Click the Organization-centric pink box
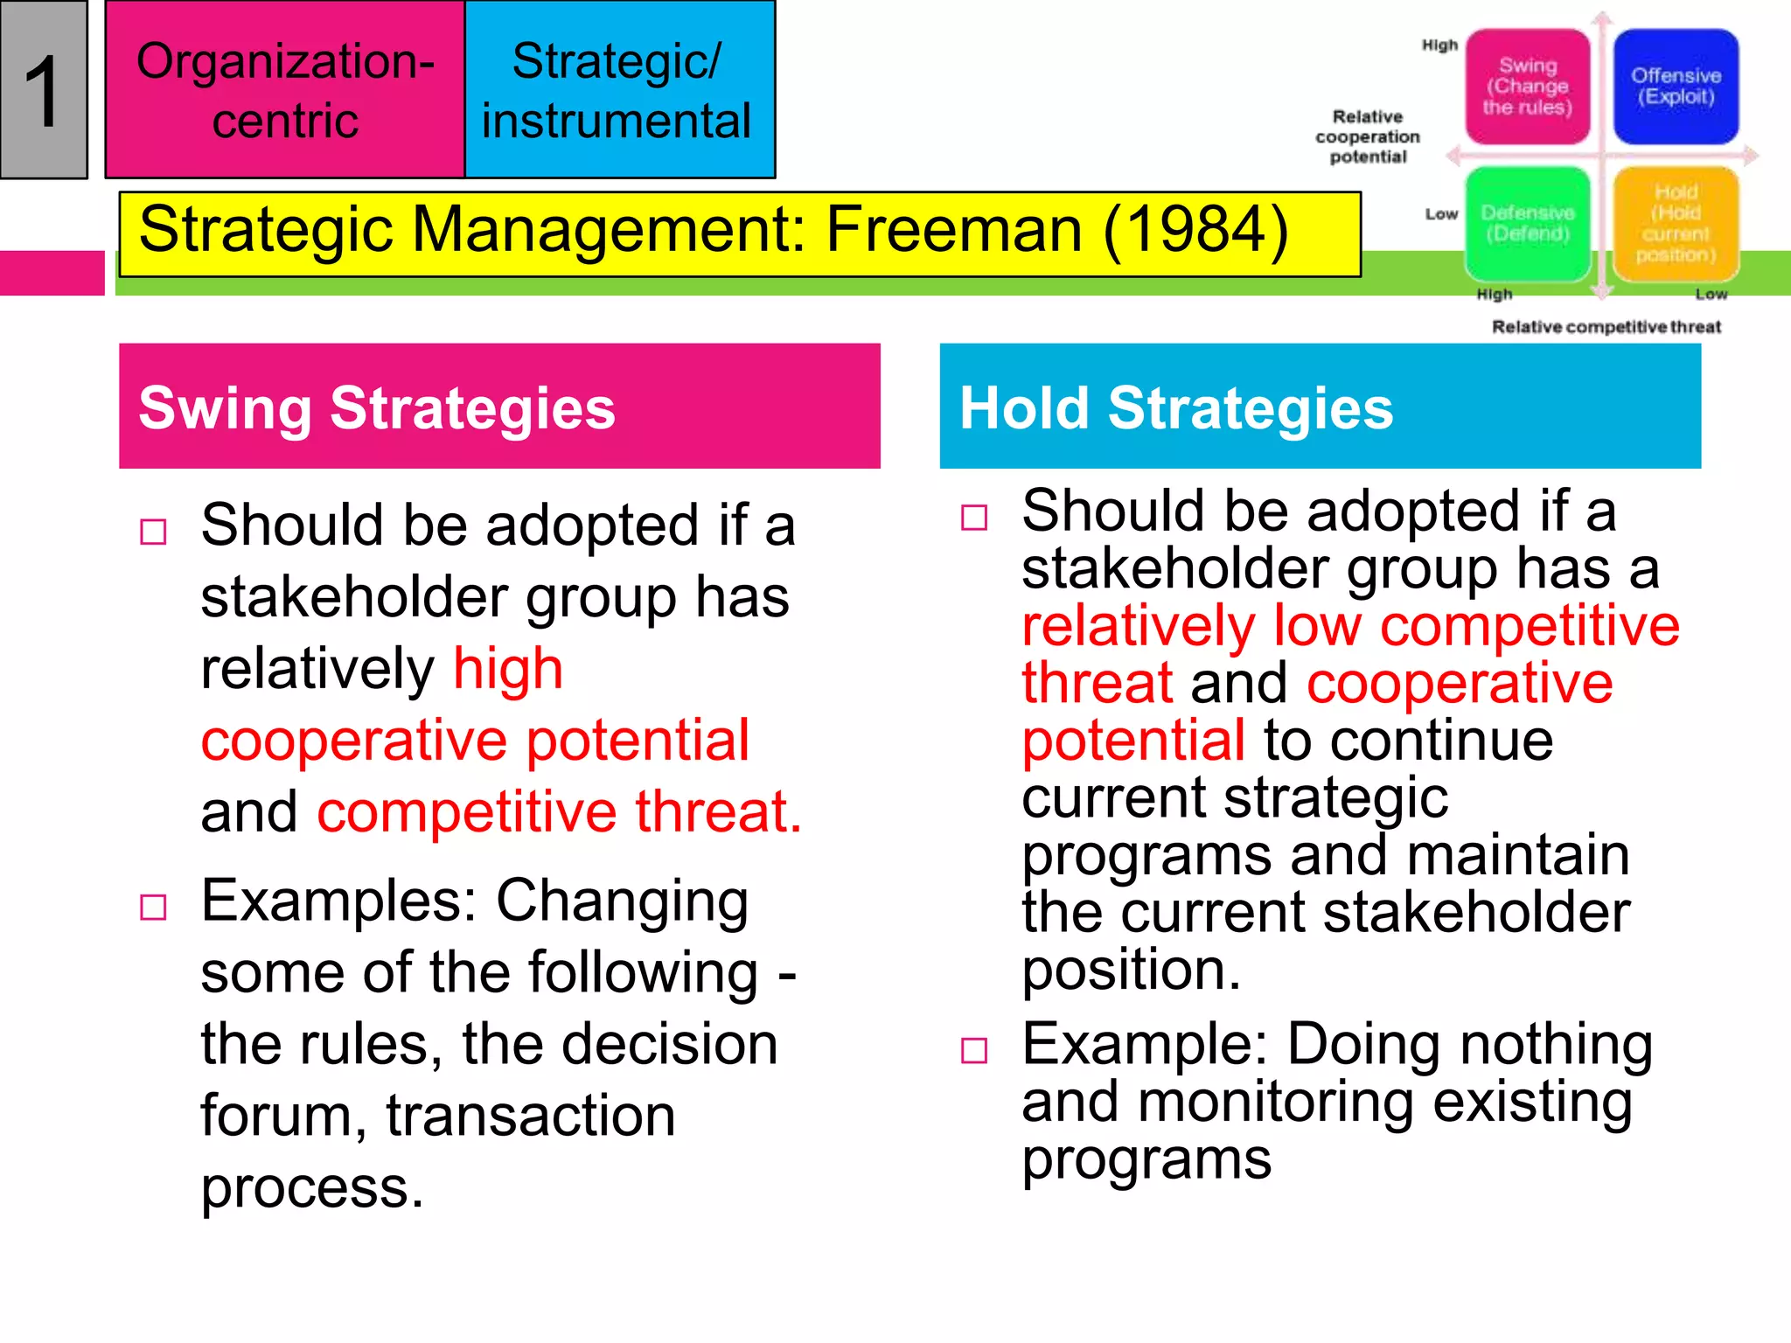click(x=285, y=90)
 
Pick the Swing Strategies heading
click(x=377, y=408)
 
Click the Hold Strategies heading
click(x=1176, y=408)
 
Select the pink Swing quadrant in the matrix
click(x=1527, y=87)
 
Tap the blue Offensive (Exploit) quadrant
click(x=1675, y=87)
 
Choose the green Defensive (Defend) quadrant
click(x=1527, y=224)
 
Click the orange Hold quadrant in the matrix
click(x=1675, y=224)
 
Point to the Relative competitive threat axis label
click(x=1606, y=327)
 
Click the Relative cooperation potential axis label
click(x=1368, y=136)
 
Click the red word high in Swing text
click(x=508, y=670)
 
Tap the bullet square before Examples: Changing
click(x=154, y=908)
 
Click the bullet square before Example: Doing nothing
click(x=974, y=1050)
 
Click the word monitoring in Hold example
click(x=1276, y=1103)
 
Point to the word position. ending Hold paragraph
click(x=1131, y=970)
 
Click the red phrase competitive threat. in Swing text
click(x=559, y=812)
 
